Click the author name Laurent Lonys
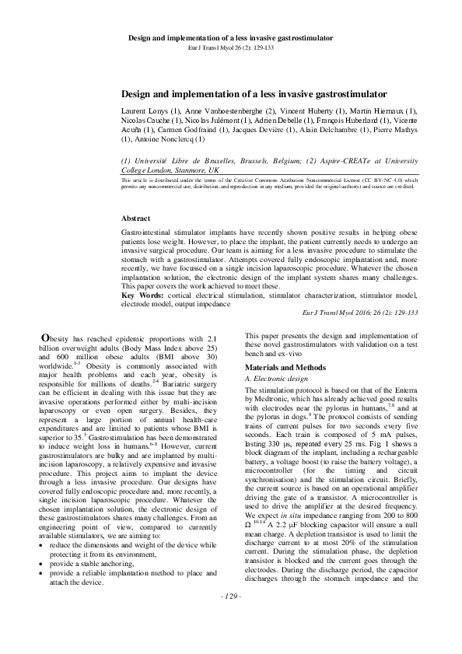point(150,111)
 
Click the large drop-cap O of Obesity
point(46,358)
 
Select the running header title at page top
point(230,37)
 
